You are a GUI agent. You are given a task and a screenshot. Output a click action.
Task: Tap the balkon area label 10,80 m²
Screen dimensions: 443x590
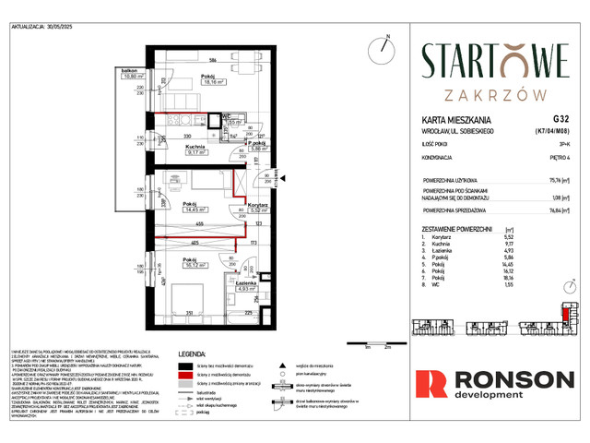[129, 76]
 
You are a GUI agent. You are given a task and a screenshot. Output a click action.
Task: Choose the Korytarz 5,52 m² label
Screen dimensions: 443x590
[258, 208]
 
